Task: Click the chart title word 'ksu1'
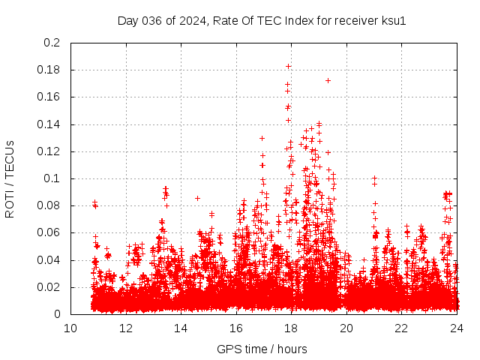pos(393,20)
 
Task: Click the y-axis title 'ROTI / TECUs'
pos(10,178)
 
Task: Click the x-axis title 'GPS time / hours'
pos(262,349)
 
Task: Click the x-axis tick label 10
pos(70,328)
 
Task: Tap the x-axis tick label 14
pos(181,328)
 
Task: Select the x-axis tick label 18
pos(291,328)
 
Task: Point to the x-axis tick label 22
pos(401,328)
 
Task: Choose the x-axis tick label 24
pos(456,328)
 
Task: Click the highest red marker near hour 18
pos(288,66)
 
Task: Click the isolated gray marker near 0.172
pos(328,80)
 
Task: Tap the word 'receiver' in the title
pos(357,20)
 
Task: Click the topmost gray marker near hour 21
pos(374,178)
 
